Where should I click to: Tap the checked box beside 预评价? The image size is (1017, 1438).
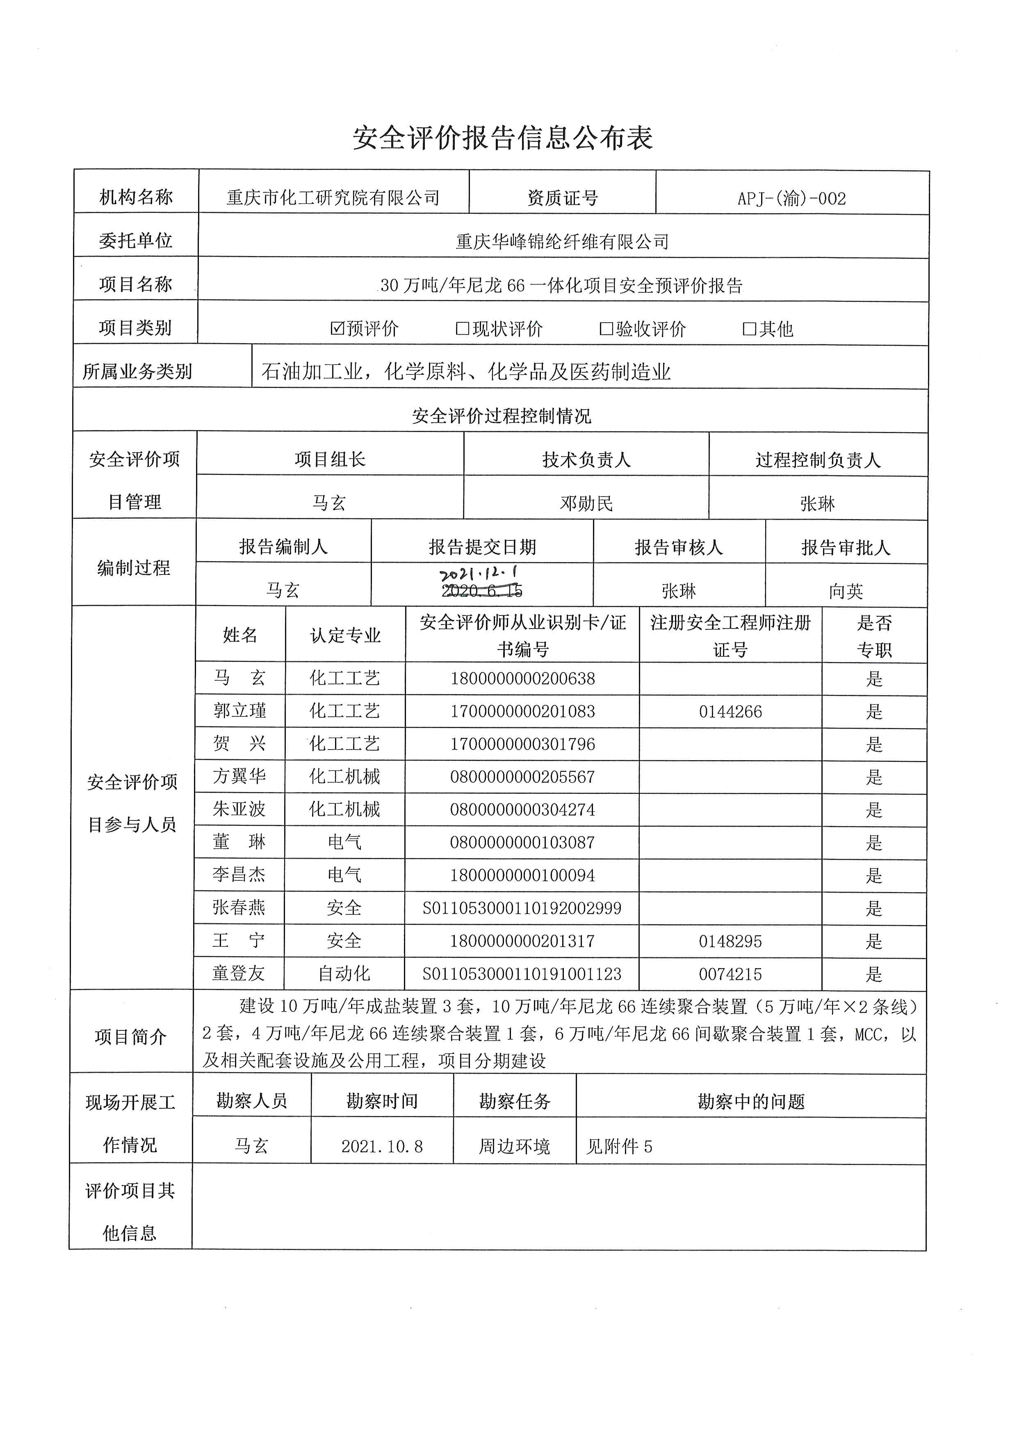point(337,328)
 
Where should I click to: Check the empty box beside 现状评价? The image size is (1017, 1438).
point(463,329)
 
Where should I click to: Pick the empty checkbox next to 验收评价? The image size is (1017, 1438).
point(606,329)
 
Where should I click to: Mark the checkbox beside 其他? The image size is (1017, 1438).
point(750,329)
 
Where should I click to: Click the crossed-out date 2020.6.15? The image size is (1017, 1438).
point(481,590)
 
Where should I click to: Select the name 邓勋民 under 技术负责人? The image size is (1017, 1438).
point(586,504)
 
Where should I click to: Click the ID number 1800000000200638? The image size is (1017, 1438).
point(522,679)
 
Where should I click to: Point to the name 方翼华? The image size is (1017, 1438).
point(239,777)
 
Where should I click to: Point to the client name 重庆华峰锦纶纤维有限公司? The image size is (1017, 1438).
point(562,242)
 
